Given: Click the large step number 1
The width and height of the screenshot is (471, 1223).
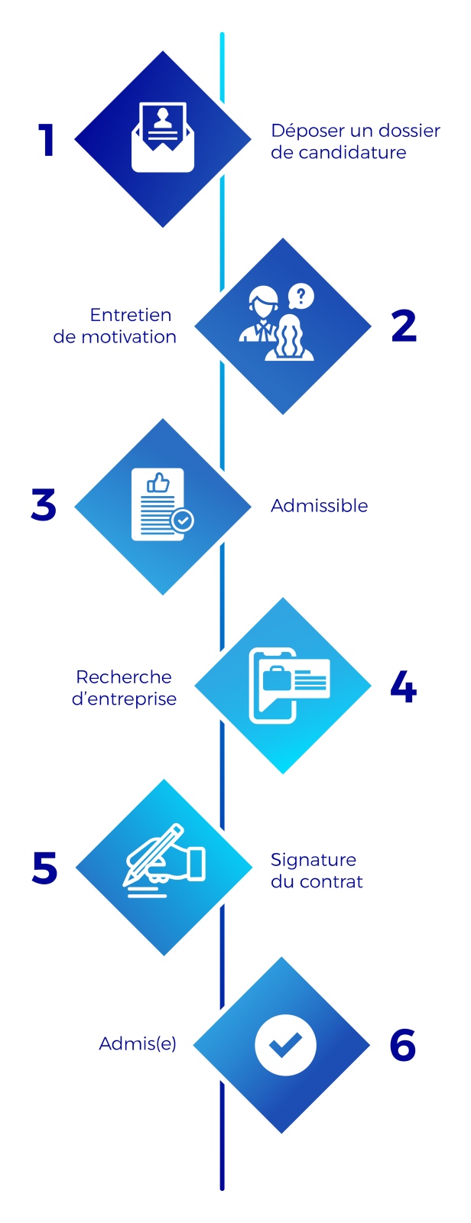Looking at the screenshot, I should [47, 141].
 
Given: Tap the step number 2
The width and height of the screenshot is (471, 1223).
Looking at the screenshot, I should [404, 326].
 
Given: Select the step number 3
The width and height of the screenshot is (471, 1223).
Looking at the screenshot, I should [44, 506].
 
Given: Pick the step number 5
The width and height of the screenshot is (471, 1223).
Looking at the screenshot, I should [45, 868].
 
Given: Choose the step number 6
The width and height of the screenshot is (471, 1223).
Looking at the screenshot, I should [403, 1046].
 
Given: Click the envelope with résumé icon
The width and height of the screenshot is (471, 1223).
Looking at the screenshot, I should [163, 138].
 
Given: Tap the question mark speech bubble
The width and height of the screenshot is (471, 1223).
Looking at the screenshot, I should [301, 296].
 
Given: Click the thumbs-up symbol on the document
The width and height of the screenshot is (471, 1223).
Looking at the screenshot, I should [158, 483].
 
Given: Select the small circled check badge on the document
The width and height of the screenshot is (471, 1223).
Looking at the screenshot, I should [182, 521].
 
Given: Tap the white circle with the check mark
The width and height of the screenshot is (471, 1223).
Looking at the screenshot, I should [285, 1045].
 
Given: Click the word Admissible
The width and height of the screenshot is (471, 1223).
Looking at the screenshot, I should [319, 506].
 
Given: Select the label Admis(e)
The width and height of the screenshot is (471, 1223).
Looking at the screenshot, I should [138, 1043].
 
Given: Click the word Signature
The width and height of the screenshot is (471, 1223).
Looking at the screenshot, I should [313, 860].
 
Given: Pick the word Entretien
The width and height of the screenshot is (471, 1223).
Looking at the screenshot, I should [131, 315].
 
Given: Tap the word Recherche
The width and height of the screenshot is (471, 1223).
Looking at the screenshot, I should [124, 676].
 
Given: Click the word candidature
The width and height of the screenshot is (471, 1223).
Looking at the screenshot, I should [352, 152].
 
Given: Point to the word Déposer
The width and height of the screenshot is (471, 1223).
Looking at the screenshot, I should [301, 131].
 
